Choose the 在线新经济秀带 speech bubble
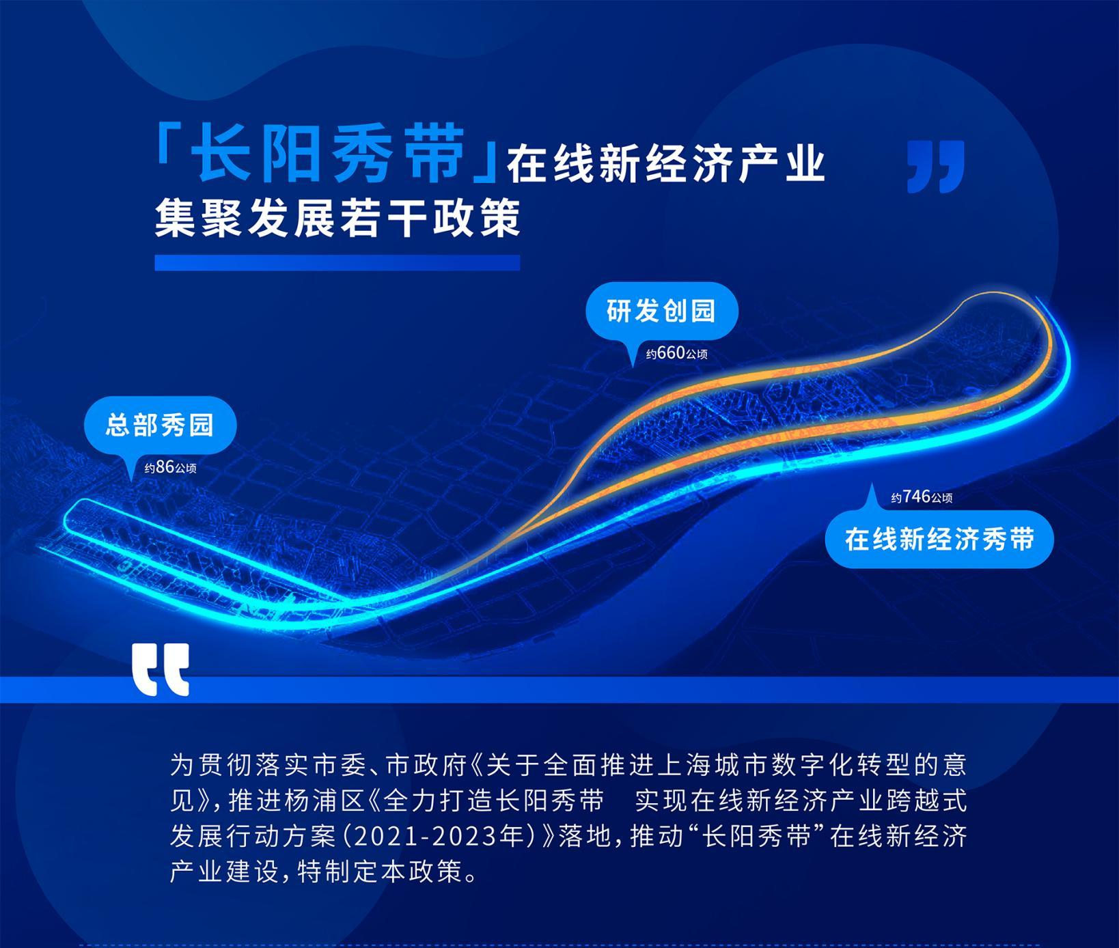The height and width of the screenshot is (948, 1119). click(x=939, y=540)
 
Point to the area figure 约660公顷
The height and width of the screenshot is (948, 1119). click(x=677, y=354)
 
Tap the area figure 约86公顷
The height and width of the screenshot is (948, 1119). click(x=170, y=467)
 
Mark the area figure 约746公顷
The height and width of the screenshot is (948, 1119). click(x=922, y=497)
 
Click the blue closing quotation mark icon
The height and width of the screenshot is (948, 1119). click(x=935, y=167)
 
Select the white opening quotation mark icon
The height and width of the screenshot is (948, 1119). click(x=161, y=669)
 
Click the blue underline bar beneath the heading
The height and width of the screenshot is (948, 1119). click(x=337, y=263)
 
